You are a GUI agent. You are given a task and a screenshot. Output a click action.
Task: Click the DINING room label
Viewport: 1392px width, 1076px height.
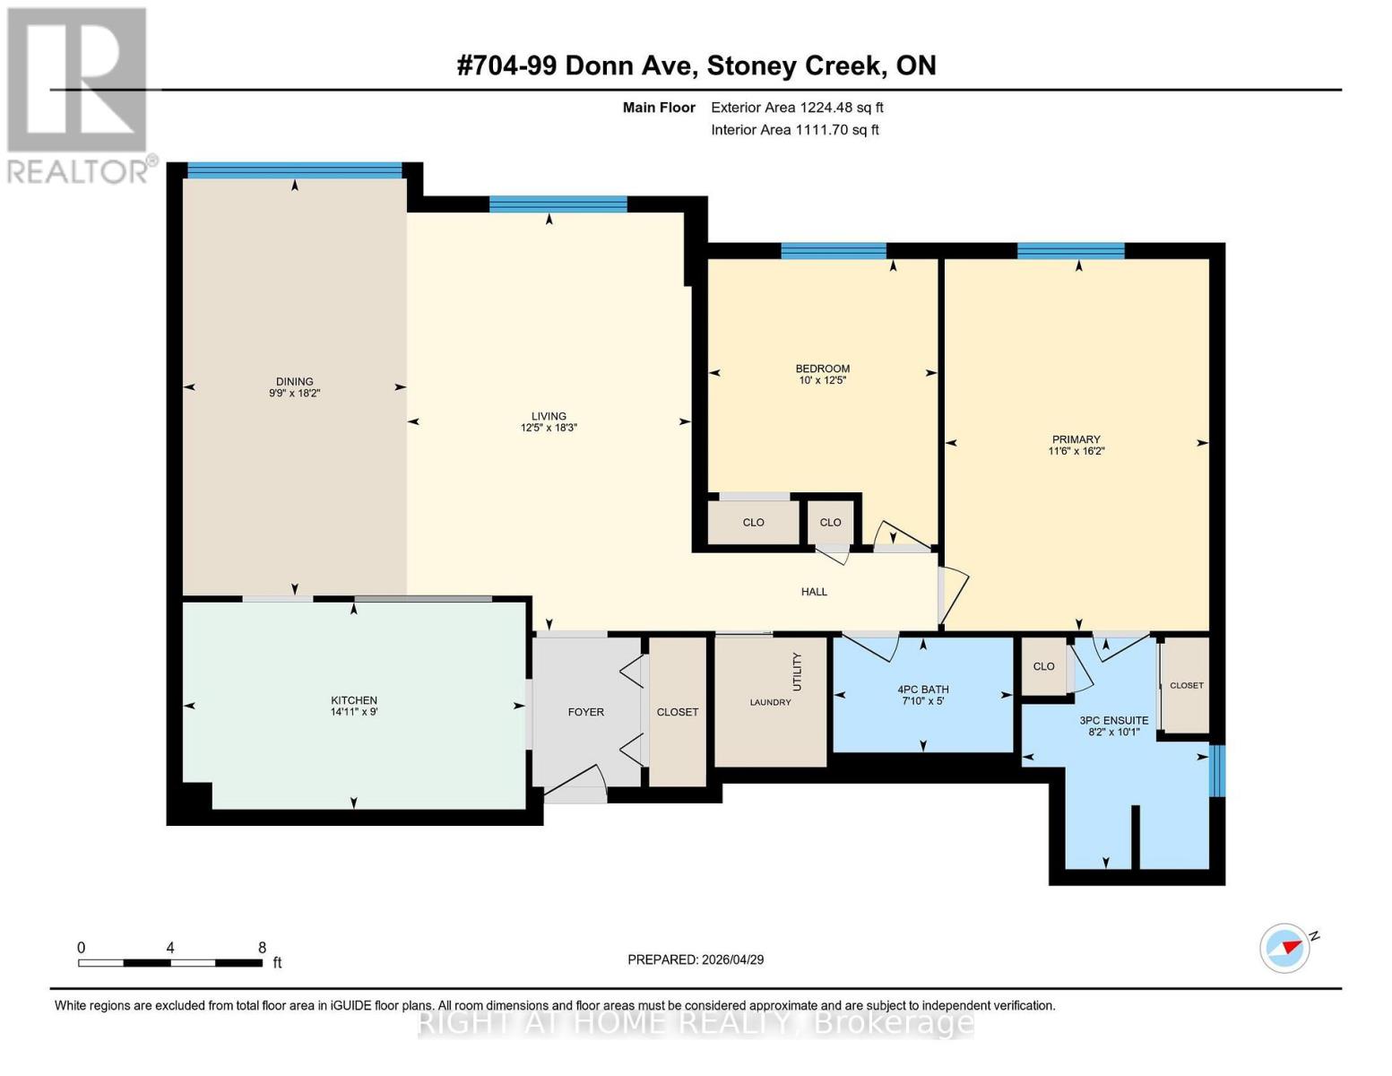[294, 381]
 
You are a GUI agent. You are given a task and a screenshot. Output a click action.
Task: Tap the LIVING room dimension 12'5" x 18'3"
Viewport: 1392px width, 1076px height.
[549, 428]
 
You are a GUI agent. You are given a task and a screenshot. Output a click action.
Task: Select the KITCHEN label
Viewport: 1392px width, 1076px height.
[354, 700]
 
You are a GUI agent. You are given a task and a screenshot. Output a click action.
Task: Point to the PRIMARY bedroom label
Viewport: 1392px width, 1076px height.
[1076, 439]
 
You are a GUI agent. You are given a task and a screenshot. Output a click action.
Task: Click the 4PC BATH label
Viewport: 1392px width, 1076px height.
[922, 690]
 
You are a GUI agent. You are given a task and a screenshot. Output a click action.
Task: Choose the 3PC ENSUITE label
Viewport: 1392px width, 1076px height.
[1113, 720]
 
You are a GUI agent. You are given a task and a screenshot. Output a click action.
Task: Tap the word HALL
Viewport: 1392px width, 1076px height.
[814, 592]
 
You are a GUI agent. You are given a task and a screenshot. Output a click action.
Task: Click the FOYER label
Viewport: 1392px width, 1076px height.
[585, 712]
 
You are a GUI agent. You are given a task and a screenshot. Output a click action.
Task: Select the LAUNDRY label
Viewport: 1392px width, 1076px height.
[770, 702]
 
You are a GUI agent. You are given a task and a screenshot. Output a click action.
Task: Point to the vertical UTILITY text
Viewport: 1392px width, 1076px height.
[797, 672]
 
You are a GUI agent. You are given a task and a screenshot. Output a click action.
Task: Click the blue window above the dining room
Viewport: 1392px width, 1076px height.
[294, 170]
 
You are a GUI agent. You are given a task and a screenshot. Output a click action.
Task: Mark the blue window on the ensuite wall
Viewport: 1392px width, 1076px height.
[1216, 771]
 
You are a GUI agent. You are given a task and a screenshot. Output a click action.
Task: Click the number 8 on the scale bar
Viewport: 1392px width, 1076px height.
[262, 947]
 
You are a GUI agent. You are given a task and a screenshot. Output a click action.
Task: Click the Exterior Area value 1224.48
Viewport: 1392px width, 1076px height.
[824, 108]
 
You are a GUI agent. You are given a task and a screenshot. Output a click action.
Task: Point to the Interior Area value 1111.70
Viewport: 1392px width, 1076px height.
[821, 130]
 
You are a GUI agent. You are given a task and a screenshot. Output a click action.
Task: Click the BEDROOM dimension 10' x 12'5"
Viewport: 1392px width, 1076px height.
[822, 380]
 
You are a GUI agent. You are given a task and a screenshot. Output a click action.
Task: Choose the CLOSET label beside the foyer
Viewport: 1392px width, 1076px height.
[677, 712]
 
